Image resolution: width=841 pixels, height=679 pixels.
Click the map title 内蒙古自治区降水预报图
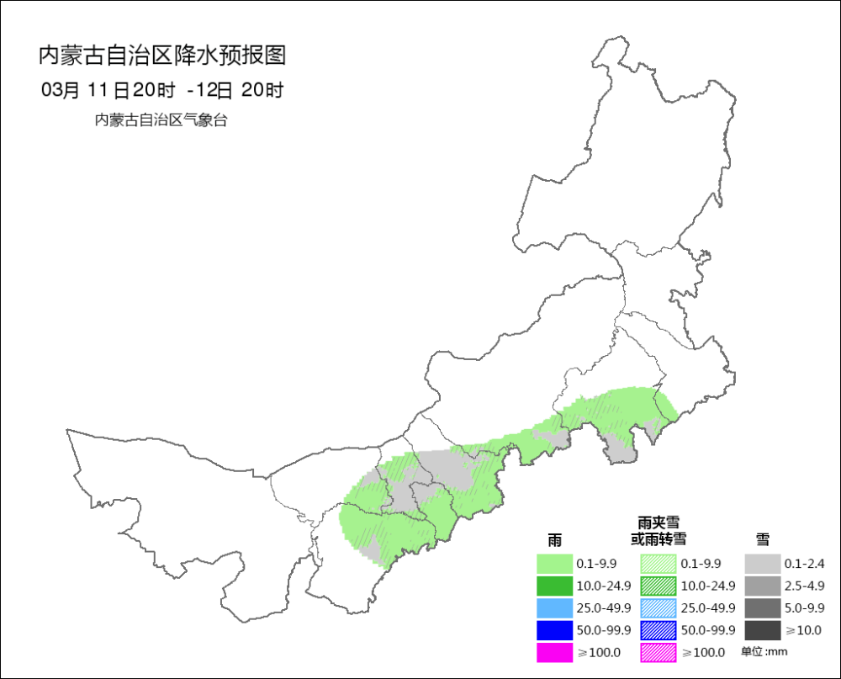163,56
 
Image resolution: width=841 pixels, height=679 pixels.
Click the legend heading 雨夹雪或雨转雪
659,531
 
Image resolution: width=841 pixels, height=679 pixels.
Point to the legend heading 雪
762,538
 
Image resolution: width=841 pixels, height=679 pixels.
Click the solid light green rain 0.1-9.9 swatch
554,563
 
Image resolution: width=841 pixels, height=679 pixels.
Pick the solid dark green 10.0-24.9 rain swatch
554,586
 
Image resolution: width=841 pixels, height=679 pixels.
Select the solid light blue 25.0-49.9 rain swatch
554,607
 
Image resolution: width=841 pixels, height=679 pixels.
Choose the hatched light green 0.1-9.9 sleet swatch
658,563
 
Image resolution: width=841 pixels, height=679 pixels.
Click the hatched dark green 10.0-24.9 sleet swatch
658,586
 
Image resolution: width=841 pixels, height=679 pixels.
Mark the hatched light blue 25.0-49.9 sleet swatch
658,607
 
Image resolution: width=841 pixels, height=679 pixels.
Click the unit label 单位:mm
764,652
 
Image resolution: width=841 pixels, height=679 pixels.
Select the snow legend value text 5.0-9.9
804,608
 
